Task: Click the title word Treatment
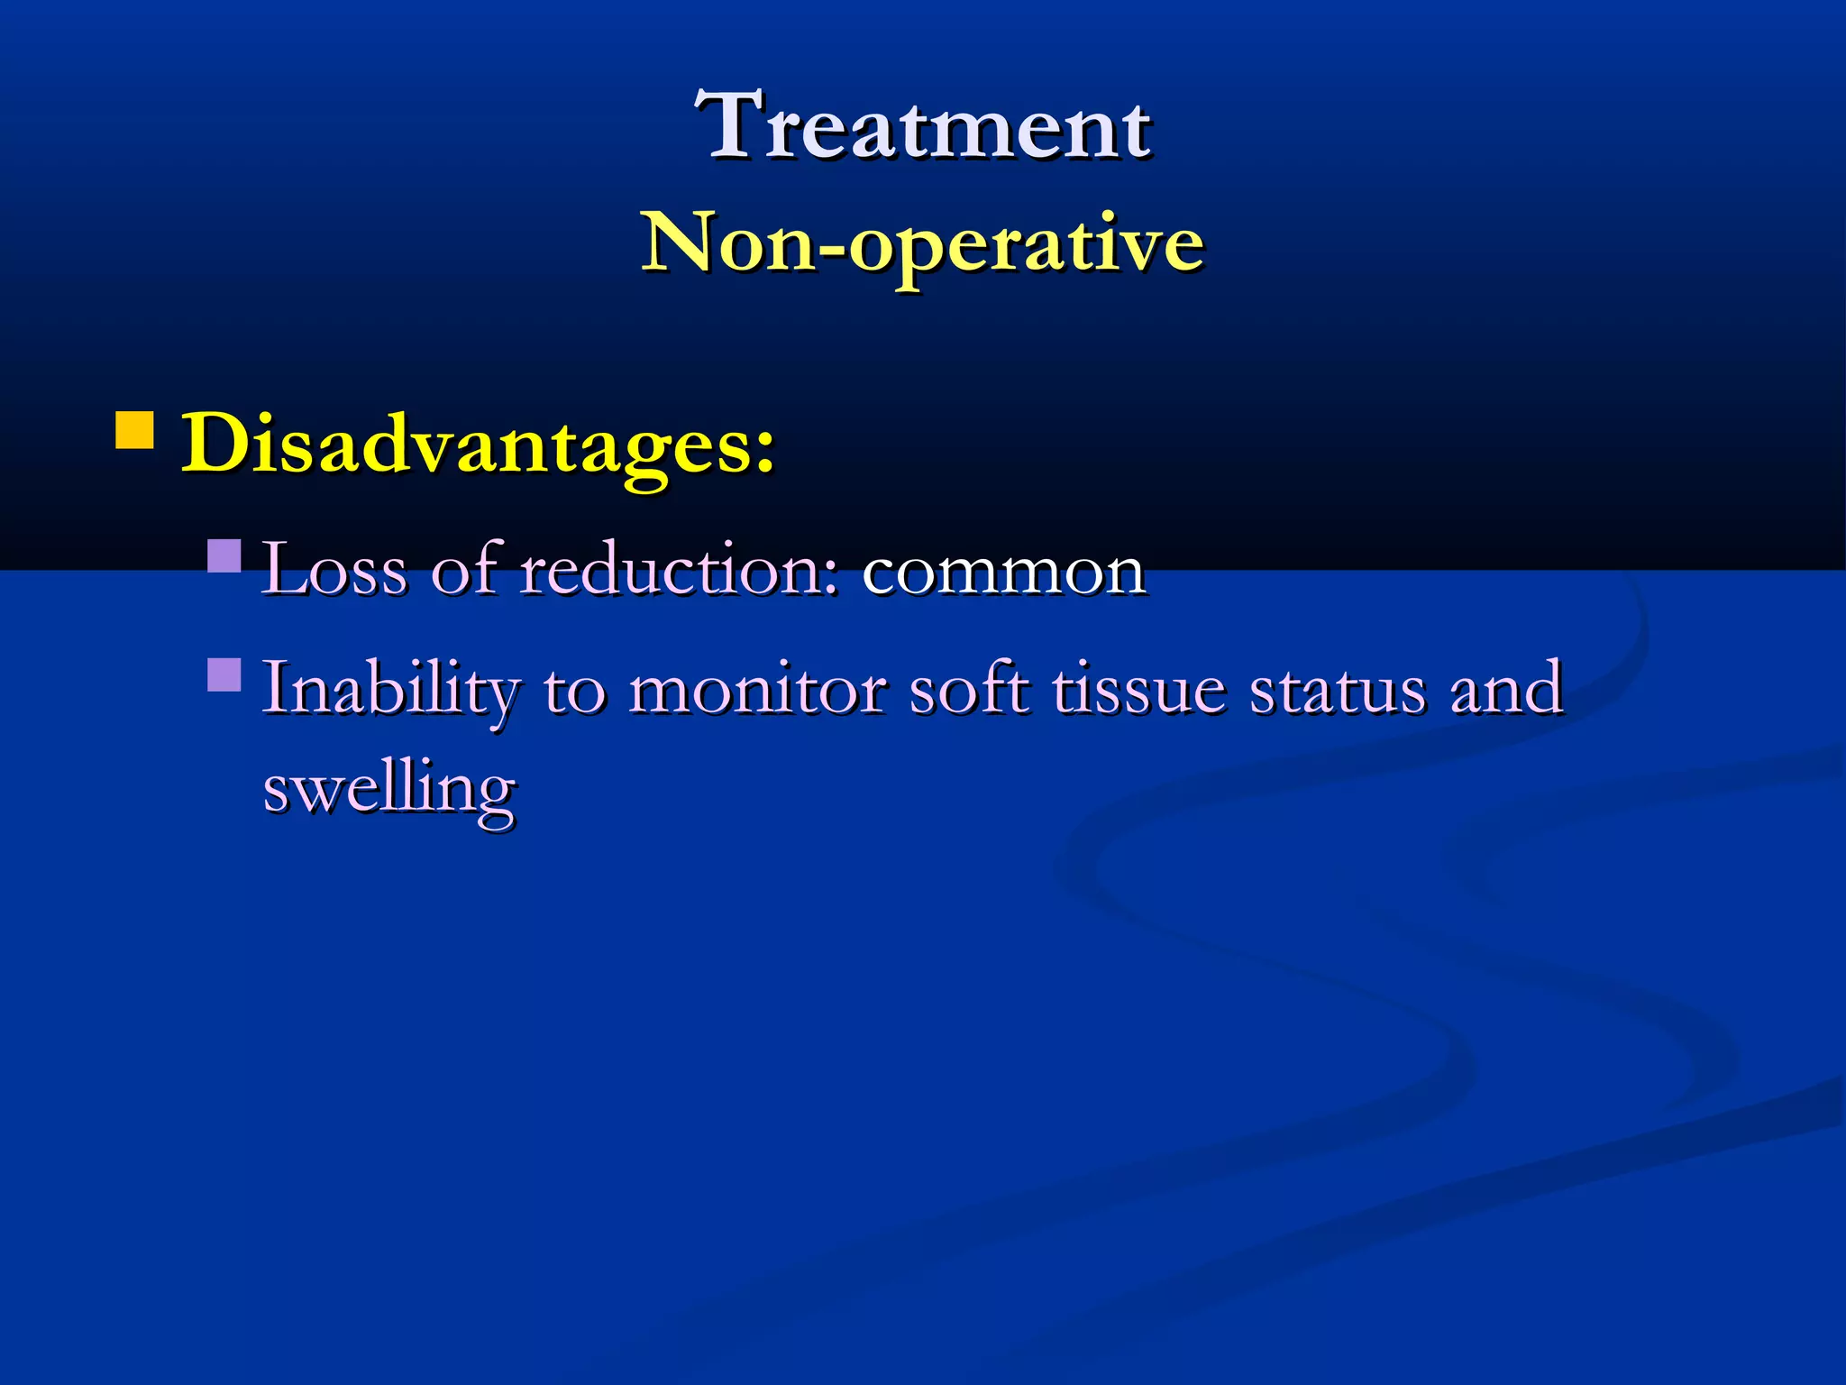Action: click(x=923, y=126)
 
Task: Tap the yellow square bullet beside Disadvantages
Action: click(x=134, y=431)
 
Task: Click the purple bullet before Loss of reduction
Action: click(x=224, y=556)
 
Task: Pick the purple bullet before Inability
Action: click(x=224, y=674)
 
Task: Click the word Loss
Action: click(x=334, y=571)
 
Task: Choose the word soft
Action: click(x=968, y=689)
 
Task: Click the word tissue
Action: click(x=1139, y=689)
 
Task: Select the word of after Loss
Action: click(x=465, y=569)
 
